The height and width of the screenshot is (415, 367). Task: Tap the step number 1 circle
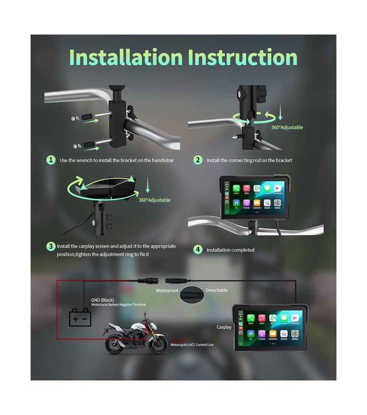click(x=51, y=160)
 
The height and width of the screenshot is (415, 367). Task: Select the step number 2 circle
click(x=198, y=160)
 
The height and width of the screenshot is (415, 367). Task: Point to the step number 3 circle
click(x=51, y=246)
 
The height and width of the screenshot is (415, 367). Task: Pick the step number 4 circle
click(x=198, y=249)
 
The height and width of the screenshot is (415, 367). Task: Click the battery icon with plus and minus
click(x=80, y=318)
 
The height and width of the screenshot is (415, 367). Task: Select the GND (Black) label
click(x=102, y=300)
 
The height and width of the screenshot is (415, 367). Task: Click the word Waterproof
click(x=167, y=290)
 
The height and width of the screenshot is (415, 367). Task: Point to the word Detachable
click(x=216, y=290)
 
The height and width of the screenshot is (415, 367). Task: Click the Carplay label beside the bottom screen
click(x=224, y=327)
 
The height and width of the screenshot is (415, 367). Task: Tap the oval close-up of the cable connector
click(x=192, y=294)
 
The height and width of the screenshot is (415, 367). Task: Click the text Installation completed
click(x=231, y=250)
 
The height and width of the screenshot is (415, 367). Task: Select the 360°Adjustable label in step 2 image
click(x=287, y=127)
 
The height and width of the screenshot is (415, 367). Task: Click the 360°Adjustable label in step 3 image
click(x=154, y=200)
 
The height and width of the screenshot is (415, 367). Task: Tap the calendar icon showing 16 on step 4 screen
click(x=267, y=203)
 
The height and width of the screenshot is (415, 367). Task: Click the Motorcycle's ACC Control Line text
click(x=192, y=345)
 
